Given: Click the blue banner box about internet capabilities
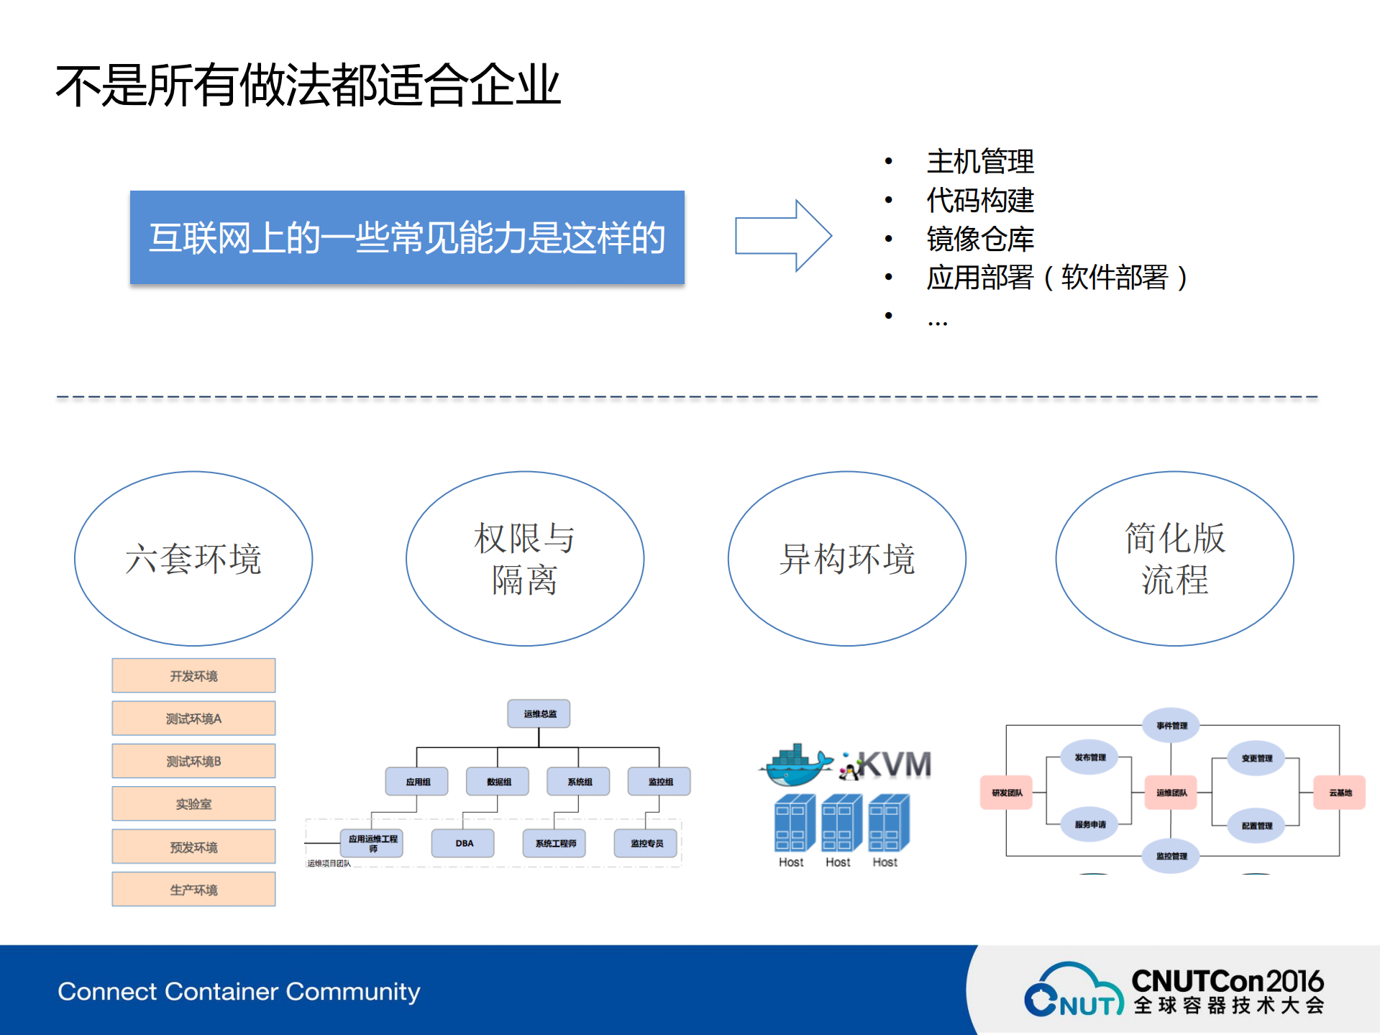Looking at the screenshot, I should click(407, 237).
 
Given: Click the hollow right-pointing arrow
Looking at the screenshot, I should click(782, 236).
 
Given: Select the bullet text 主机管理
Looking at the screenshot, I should click(979, 161).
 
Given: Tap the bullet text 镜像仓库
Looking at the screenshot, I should click(979, 239).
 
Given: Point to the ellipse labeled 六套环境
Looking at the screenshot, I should click(193, 558).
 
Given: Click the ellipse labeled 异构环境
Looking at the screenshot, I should click(846, 558).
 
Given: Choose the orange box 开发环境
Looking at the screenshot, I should click(193, 675).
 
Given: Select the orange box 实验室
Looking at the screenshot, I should click(193, 803).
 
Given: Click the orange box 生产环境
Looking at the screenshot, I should click(193, 889).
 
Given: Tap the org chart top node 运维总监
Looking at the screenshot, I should click(539, 713).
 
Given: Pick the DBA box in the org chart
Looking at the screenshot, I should click(463, 843).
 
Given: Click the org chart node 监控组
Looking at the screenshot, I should click(659, 781).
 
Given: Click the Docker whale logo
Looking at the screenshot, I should click(795, 766).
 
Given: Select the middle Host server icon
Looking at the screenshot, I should click(841, 823).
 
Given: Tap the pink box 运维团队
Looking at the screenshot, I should click(1171, 792).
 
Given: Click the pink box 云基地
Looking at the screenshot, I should click(1339, 792).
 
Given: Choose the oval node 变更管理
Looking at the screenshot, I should click(1256, 758).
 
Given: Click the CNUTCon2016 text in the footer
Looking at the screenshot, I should click(1227, 981).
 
